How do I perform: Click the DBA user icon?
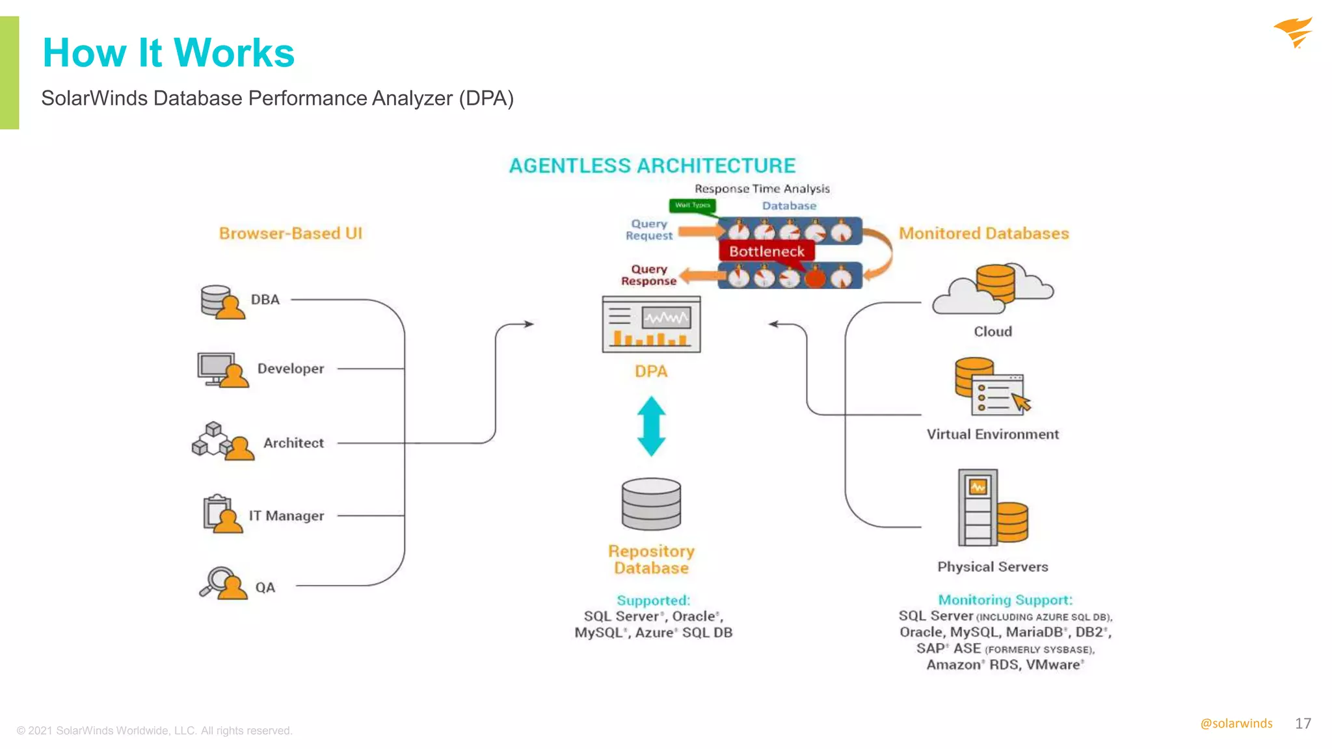(x=222, y=302)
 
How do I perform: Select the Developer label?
(x=290, y=369)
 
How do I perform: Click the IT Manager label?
(x=286, y=516)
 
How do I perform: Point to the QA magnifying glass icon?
(x=222, y=583)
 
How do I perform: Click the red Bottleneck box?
(x=766, y=252)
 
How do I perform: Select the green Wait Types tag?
(x=692, y=205)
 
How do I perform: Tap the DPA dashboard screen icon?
(x=651, y=324)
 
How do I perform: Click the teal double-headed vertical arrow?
(x=651, y=427)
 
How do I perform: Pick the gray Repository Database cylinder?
(x=651, y=505)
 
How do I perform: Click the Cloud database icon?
(x=992, y=289)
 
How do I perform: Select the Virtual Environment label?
(x=992, y=434)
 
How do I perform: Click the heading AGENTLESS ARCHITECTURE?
(x=652, y=166)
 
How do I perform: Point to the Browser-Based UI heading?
(x=290, y=233)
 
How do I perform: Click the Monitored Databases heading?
(x=983, y=233)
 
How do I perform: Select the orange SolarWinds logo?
(x=1294, y=33)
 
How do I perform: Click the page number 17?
(x=1303, y=724)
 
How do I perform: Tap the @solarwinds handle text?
(x=1236, y=724)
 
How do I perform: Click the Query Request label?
(x=648, y=230)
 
